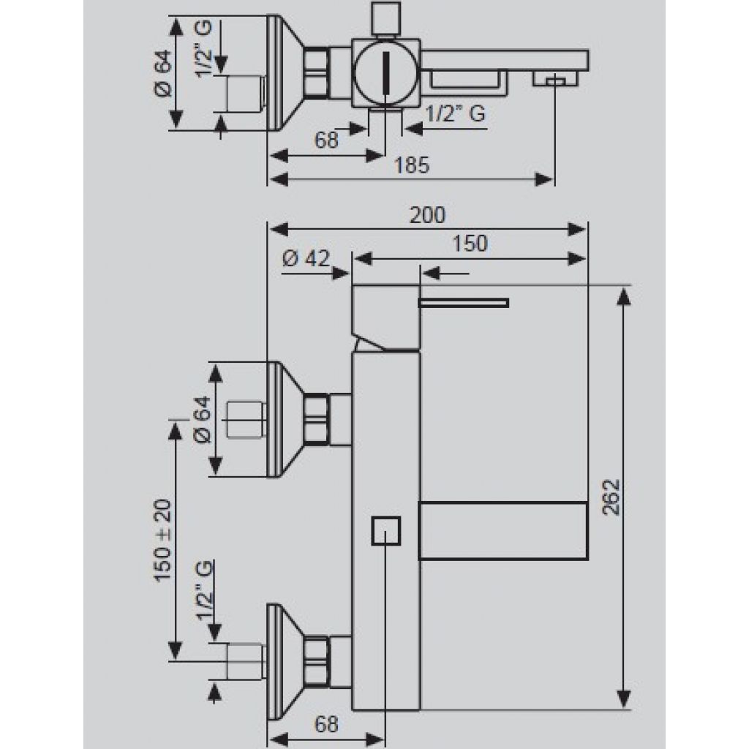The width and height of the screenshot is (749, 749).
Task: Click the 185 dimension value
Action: coord(411,165)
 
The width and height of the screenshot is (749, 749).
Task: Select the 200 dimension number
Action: coord(427,215)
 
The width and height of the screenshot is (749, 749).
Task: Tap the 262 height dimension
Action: coord(611,497)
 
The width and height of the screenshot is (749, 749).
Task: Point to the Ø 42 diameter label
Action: coord(306,258)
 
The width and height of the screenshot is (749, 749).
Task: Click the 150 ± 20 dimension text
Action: coord(162,541)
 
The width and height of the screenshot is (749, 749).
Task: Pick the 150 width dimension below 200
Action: coord(470,244)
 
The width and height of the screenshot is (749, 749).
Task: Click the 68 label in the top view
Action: coord(326,140)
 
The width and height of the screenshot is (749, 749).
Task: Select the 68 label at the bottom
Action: coord(326,724)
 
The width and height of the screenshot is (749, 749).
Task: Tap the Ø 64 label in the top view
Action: coord(163,73)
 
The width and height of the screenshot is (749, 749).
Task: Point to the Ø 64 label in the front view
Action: coord(203,419)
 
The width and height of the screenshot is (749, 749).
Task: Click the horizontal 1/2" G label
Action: coord(455,113)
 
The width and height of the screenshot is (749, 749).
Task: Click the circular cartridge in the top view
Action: coord(386,72)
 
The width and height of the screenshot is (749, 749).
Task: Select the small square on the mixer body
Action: coord(386,531)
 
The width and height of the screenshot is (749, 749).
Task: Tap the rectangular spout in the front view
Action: coord(503,531)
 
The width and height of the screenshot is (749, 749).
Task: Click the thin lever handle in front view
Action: coord(463,302)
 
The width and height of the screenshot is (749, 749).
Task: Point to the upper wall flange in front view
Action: coord(285,419)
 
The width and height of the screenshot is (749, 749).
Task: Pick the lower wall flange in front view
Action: coord(285,661)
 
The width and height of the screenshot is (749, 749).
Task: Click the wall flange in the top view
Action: coord(285,72)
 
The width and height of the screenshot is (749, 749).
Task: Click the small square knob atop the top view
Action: coord(386,18)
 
